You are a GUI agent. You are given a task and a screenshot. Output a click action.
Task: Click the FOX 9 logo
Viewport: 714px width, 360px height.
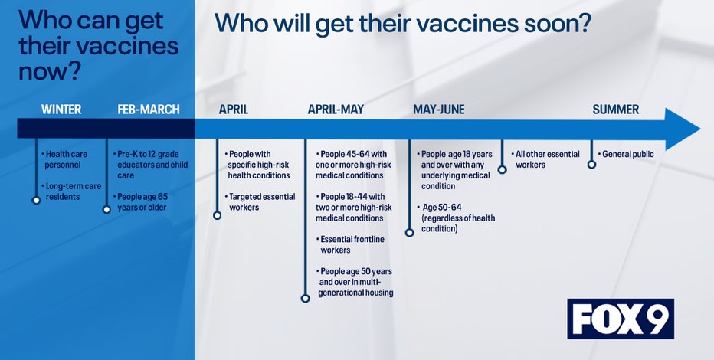coord(621,319)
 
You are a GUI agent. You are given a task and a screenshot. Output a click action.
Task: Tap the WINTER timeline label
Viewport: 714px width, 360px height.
coord(61,110)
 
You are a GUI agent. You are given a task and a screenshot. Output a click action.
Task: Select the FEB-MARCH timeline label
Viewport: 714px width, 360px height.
coord(149,110)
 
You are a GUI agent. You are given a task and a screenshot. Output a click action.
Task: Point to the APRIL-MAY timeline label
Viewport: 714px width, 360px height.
coord(336,110)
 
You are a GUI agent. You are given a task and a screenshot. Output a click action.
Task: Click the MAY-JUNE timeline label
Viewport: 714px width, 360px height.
coord(438,110)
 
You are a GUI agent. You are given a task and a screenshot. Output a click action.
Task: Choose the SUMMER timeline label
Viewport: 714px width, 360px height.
coord(616,110)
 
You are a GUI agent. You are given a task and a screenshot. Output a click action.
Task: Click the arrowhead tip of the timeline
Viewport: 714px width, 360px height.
coord(700,129)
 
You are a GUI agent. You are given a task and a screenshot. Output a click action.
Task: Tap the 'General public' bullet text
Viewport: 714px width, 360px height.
coord(626,154)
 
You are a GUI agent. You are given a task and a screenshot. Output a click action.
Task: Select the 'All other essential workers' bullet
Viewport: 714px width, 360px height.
coord(545,159)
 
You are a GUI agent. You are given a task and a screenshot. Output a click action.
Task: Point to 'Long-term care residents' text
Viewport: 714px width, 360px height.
coord(71,191)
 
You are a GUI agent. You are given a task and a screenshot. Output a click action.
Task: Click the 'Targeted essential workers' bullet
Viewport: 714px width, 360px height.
coord(260,202)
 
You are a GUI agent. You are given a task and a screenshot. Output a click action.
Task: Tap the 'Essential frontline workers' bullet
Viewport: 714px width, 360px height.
coord(349,244)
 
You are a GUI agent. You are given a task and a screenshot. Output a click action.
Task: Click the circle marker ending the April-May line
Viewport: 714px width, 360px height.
coord(305,299)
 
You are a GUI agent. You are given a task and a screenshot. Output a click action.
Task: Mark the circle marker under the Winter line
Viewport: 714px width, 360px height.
coord(37,200)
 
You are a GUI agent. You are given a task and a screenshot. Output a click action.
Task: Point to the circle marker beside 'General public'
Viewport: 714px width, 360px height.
coord(591,165)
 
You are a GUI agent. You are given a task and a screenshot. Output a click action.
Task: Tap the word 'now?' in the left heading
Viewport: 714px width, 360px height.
coord(50,72)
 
